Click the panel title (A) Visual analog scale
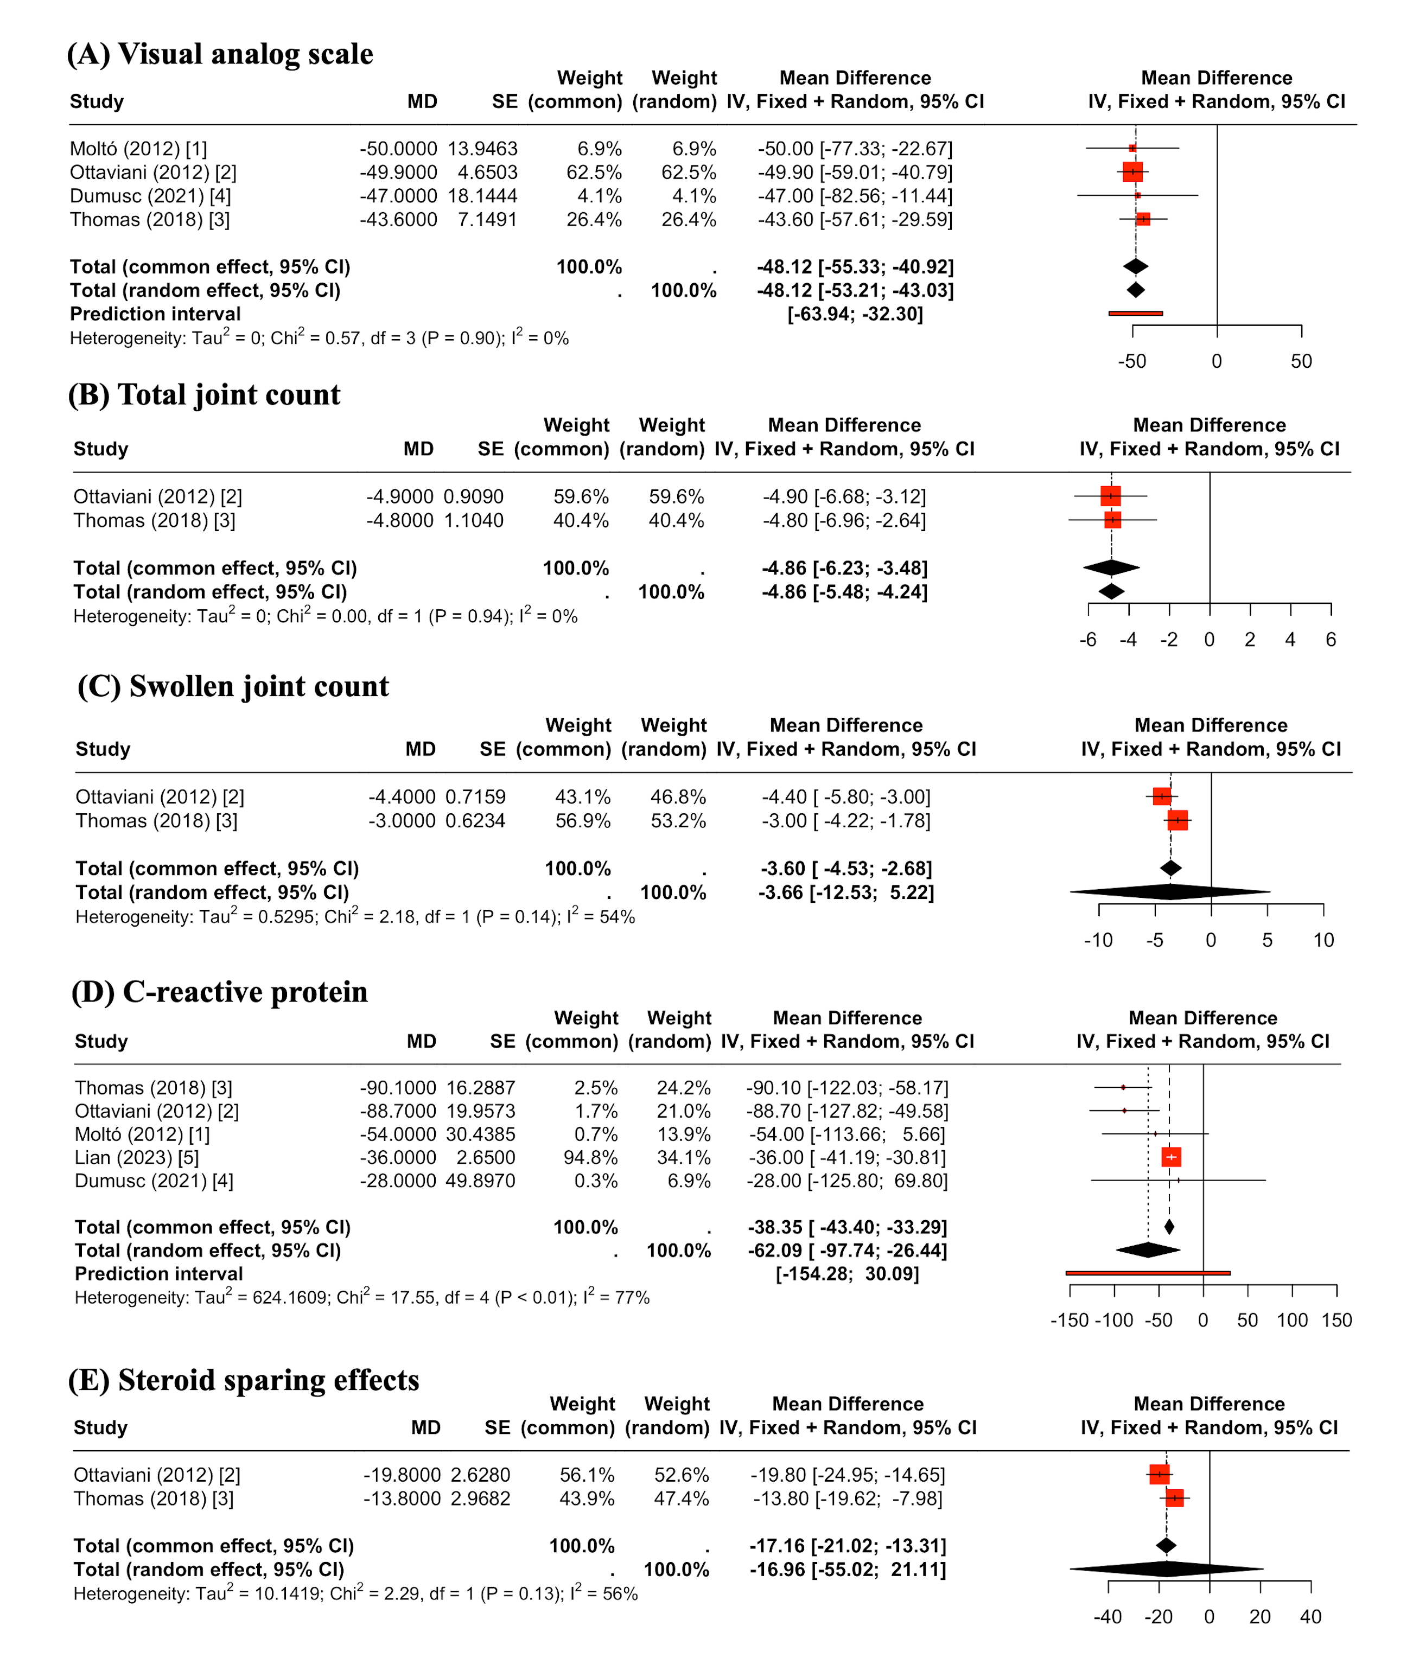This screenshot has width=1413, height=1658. pos(220,54)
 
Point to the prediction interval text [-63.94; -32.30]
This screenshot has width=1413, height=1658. pos(855,314)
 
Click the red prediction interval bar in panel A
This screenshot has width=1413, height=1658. pos(1135,313)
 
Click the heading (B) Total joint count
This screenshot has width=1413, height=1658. pos(204,394)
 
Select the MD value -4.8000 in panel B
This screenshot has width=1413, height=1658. pos(399,521)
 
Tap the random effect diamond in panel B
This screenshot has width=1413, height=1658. pos(1111,591)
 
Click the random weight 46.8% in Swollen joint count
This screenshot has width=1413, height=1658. pos(678,797)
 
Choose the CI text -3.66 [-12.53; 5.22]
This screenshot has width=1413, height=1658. pos(846,892)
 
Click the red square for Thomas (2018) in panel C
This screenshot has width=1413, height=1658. pos(1177,820)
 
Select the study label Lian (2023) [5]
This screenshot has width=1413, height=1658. pos(137,1157)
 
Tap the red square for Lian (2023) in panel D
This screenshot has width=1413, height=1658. pos(1170,1157)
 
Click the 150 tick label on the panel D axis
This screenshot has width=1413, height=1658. pos(1336,1321)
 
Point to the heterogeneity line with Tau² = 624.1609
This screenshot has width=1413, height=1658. pos(361,1297)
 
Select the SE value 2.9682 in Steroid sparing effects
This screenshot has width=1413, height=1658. pos(480,1498)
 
